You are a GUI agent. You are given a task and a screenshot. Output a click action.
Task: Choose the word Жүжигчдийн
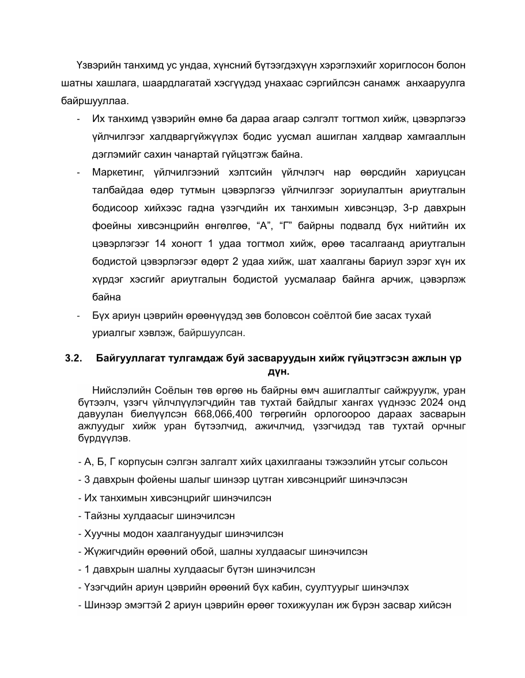click(112, 551)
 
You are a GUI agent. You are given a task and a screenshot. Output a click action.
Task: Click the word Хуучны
click(102, 534)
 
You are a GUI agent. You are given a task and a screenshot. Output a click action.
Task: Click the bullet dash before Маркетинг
click(78, 173)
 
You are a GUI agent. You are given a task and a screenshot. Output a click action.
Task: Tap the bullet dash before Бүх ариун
click(78, 316)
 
